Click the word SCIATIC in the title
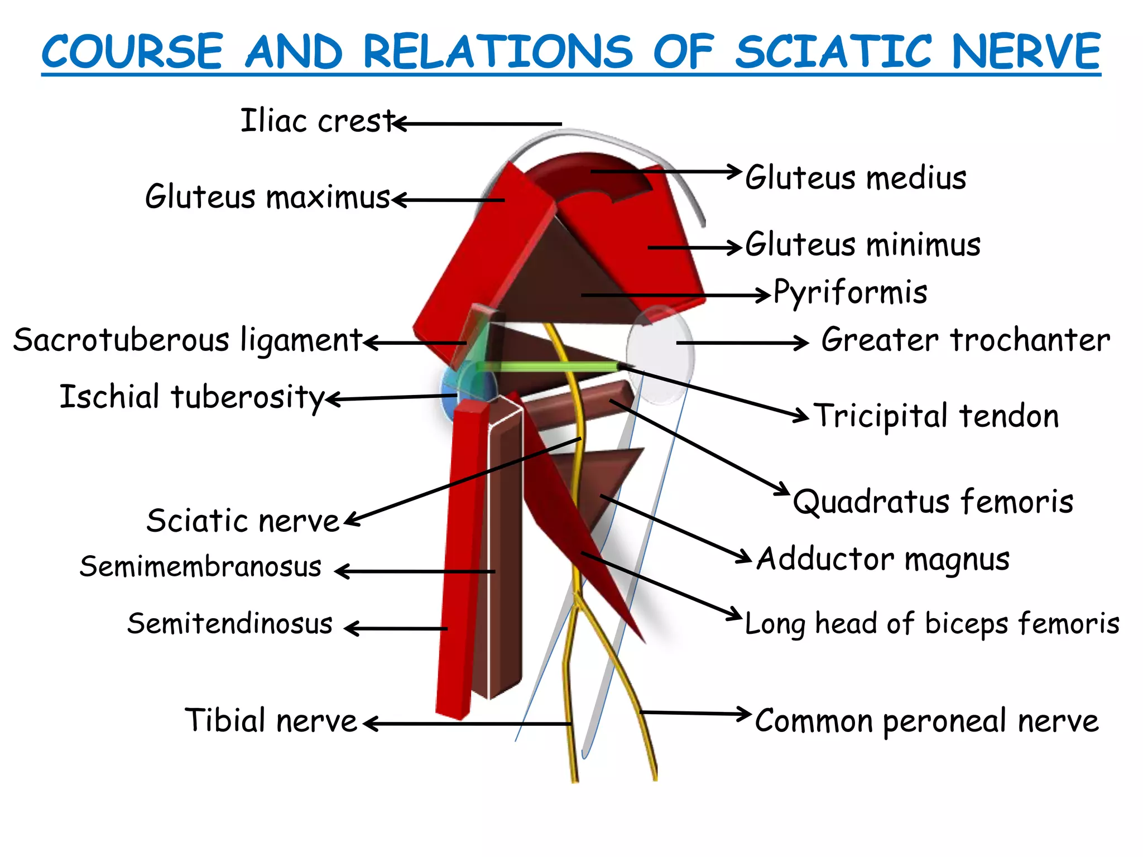click(x=834, y=51)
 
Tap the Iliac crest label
click(x=317, y=121)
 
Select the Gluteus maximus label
click(x=267, y=196)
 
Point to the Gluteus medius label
click(x=856, y=177)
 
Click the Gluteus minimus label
click(x=863, y=244)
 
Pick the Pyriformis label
click(x=851, y=292)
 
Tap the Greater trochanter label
click(x=966, y=340)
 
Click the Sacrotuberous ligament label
click(x=188, y=340)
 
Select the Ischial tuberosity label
click(x=192, y=397)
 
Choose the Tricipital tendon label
click(x=936, y=416)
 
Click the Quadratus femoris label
click(x=933, y=501)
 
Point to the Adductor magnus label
click(x=883, y=559)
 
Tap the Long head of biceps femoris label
click(x=932, y=623)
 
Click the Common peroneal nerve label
click(x=926, y=721)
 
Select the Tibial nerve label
click(x=271, y=720)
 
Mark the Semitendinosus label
click(x=229, y=623)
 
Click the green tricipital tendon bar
click(x=547, y=367)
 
